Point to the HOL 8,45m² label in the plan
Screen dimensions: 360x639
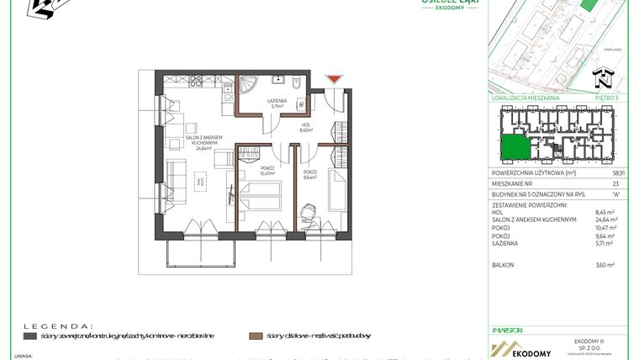point(306,128)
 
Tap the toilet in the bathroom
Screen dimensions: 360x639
point(297,87)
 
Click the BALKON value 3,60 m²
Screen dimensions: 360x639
point(606,265)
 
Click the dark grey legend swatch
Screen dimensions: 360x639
point(29,336)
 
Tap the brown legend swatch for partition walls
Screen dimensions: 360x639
point(255,336)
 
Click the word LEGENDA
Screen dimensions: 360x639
point(58,324)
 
